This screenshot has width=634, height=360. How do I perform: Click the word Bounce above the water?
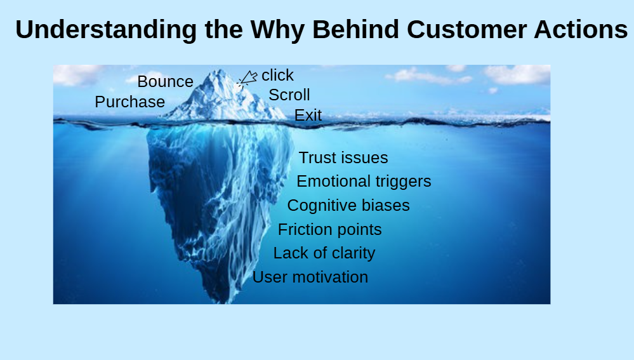(x=166, y=82)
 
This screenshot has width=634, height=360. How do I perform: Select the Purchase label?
(x=130, y=102)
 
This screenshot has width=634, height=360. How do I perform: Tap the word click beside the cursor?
(x=277, y=75)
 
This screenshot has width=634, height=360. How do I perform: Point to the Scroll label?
(x=289, y=95)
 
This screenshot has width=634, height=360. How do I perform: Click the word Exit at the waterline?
(x=308, y=116)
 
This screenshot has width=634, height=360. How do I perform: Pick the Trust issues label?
(x=343, y=157)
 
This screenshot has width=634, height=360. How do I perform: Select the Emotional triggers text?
(x=364, y=182)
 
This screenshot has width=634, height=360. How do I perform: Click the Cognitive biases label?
(x=348, y=206)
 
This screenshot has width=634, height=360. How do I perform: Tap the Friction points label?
(x=329, y=230)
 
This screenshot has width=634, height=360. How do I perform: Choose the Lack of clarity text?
(x=324, y=253)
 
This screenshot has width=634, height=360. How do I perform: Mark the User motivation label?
(x=310, y=277)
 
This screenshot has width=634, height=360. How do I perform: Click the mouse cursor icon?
(x=247, y=78)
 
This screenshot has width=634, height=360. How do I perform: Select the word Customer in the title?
(x=466, y=30)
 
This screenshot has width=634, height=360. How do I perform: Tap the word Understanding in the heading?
(x=106, y=30)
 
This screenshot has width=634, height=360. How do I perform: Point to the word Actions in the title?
(x=581, y=30)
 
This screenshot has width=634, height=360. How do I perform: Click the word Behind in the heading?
(x=355, y=30)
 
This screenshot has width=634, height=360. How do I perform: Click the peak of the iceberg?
(x=219, y=70)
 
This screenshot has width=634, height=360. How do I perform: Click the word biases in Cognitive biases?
(x=386, y=206)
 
